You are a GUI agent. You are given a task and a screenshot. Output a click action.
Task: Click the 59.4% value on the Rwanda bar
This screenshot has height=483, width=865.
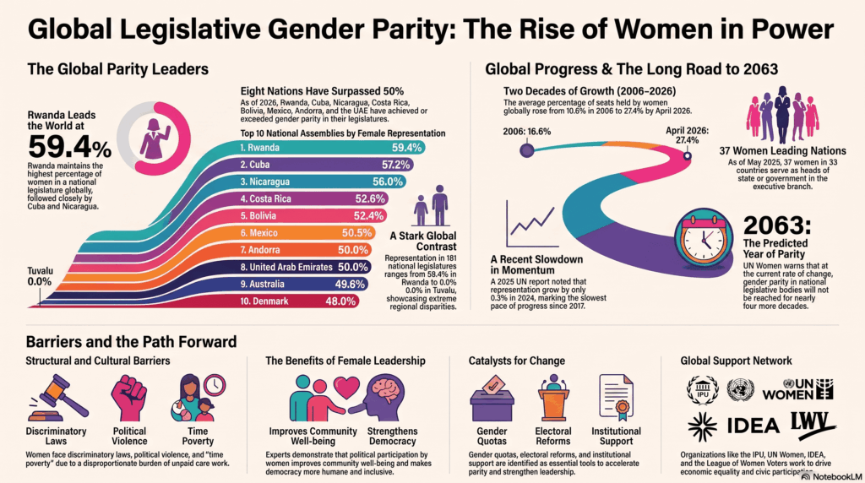pyautogui.click(x=406, y=148)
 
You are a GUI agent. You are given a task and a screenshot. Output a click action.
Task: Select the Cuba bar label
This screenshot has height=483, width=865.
pyautogui.click(x=254, y=165)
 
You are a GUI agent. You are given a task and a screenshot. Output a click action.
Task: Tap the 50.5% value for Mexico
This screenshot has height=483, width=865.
pyautogui.click(x=357, y=233)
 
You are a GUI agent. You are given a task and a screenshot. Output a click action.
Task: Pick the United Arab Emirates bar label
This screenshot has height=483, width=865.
pyautogui.click(x=286, y=268)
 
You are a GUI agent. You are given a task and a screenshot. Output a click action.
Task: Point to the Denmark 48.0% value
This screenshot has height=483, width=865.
pyautogui.click(x=340, y=301)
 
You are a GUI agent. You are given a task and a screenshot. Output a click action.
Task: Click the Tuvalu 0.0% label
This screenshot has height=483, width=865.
pyautogui.click(x=41, y=276)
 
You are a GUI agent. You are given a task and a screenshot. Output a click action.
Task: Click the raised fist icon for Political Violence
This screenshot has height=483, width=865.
pyautogui.click(x=129, y=398)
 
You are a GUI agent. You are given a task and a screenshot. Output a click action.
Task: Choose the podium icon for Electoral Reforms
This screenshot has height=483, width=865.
pyautogui.click(x=552, y=398)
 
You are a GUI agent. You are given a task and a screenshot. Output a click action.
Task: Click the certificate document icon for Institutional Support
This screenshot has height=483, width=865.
pyautogui.click(x=616, y=398)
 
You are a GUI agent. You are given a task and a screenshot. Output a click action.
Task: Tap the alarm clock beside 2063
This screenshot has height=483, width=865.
pyautogui.click(x=704, y=237)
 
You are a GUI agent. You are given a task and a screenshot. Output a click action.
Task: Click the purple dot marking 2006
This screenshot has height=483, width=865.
pyautogui.click(x=527, y=150)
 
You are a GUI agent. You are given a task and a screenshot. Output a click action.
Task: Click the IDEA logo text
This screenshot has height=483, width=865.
pyautogui.click(x=753, y=426)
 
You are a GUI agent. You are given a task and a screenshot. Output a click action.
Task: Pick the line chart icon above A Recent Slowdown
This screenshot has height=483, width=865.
pyautogui.click(x=531, y=224)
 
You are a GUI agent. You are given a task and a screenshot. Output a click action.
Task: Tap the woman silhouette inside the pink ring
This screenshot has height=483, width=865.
pyautogui.click(x=155, y=138)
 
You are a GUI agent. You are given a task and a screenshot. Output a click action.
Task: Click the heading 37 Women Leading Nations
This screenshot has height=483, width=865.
pyautogui.click(x=782, y=151)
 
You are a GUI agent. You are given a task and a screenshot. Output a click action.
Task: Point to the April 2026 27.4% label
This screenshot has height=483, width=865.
pyautogui.click(x=687, y=136)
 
